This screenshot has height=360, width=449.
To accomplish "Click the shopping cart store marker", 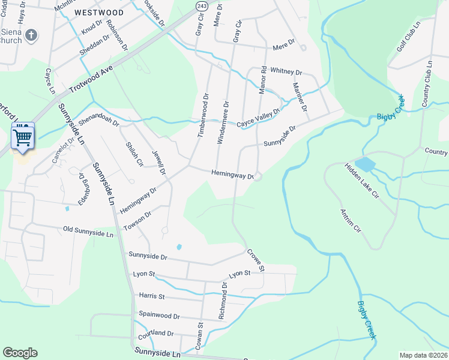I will point(23,137).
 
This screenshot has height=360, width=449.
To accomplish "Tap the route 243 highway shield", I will point(202,5).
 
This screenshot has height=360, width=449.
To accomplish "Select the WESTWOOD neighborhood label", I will point(100,12).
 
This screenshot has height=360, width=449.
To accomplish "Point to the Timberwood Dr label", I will point(203,115).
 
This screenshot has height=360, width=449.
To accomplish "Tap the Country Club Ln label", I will point(427,83).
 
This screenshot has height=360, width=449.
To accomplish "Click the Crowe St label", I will point(255,261).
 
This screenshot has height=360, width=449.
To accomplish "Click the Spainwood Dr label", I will point(159,315).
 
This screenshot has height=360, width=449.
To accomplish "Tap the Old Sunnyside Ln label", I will point(88,232).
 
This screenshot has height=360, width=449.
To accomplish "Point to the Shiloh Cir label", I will point(134,154).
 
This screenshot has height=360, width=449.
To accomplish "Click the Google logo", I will point(20,353).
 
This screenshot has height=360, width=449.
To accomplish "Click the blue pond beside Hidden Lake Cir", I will point(364,164).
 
